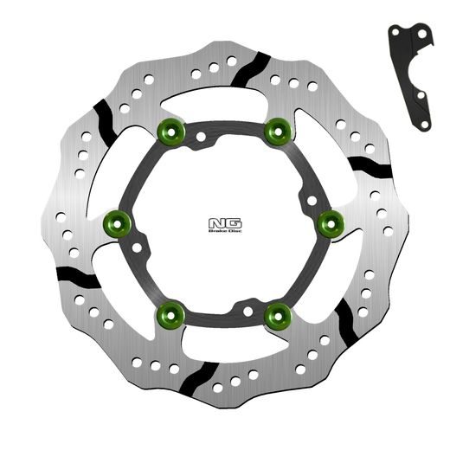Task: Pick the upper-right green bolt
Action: tap(277, 131)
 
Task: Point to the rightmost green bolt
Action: tap(331, 224)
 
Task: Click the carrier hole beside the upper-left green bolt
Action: tap(200, 137)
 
